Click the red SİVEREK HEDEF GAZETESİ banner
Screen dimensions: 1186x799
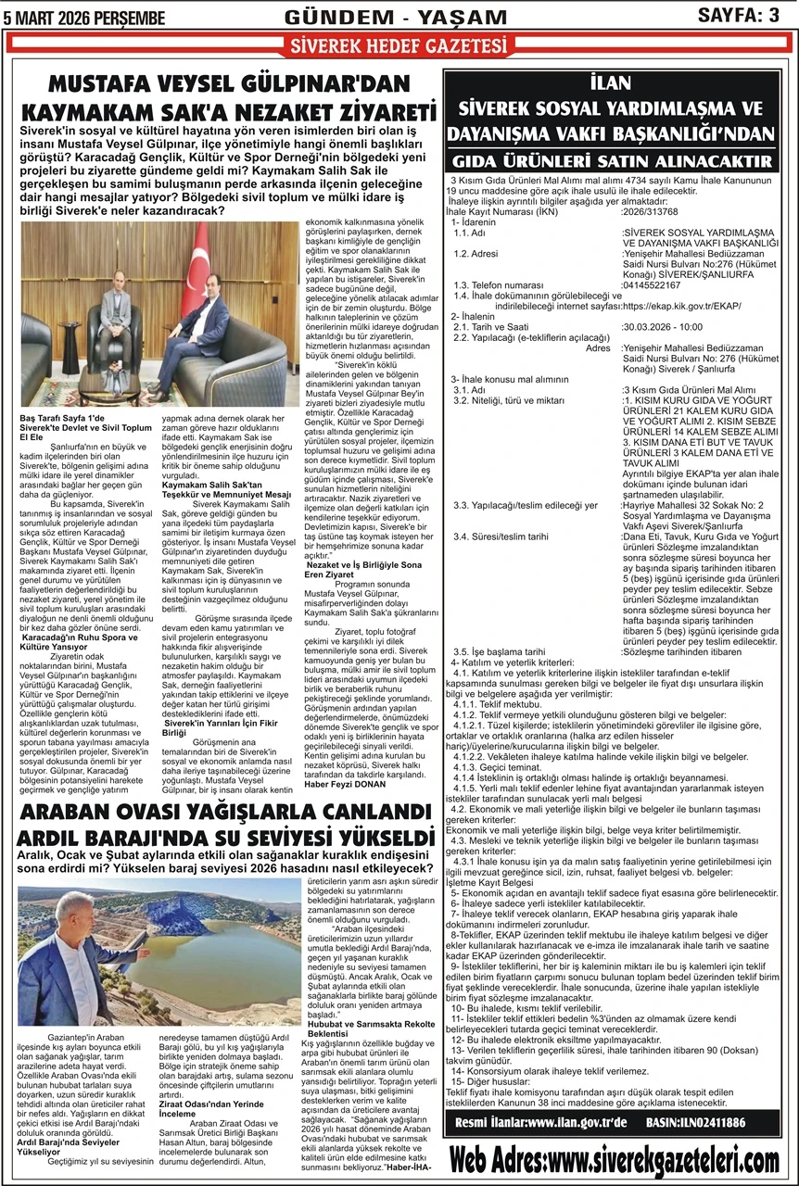coord(399,45)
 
